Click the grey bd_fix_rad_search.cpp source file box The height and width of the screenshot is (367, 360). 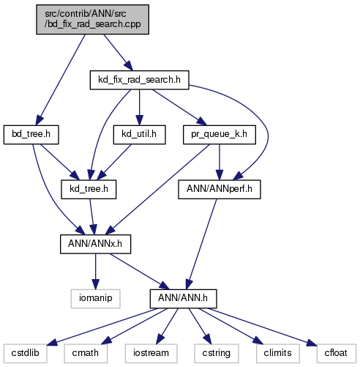[x=92, y=19]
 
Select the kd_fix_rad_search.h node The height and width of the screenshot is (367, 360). [x=139, y=80]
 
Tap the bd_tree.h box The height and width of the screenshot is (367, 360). [x=31, y=135]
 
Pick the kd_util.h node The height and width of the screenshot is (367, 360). [x=139, y=135]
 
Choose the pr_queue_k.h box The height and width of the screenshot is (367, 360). [x=220, y=135]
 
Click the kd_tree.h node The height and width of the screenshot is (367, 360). [x=89, y=189]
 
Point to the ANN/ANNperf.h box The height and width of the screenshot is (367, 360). [x=220, y=189]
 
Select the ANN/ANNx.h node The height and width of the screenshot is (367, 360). [x=95, y=244]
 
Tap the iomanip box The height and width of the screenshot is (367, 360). [x=95, y=299]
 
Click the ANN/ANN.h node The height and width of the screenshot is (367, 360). [x=183, y=299]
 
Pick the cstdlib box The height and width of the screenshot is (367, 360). [x=25, y=353]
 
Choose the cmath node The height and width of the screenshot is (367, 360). [x=86, y=353]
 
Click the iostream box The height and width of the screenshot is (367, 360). [x=151, y=353]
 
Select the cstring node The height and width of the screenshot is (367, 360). [x=217, y=353]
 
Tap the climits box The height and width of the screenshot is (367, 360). [x=278, y=353]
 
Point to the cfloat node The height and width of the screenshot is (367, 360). [x=337, y=353]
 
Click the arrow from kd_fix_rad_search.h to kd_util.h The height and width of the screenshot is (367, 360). [x=139, y=108]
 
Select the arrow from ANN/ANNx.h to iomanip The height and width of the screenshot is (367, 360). [x=95, y=272]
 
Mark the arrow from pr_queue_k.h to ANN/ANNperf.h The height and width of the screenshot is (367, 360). [x=220, y=162]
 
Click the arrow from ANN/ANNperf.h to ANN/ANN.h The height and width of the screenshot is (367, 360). [x=202, y=244]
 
